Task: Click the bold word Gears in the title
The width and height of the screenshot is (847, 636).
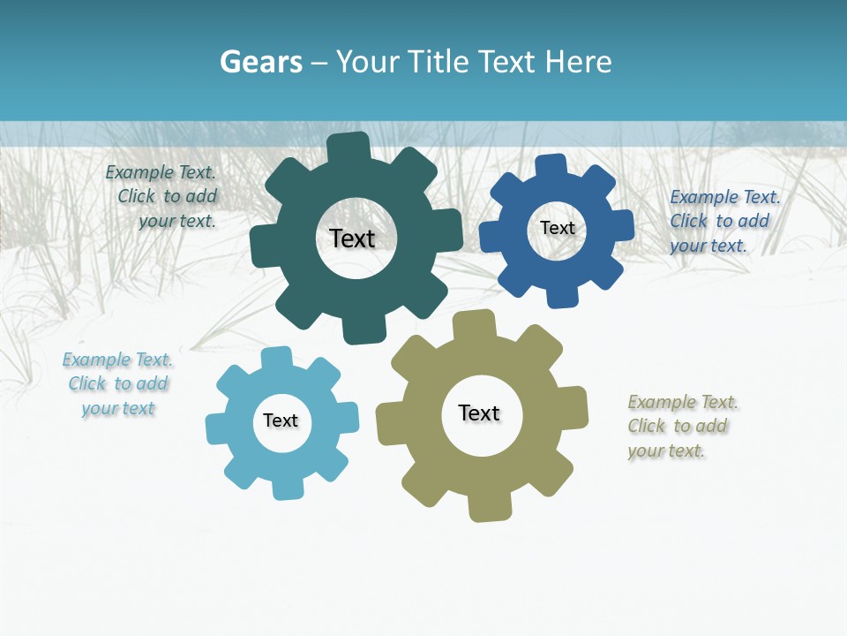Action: (260, 62)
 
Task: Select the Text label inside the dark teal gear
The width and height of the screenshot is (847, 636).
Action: (352, 238)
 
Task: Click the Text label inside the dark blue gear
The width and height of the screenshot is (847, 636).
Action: (557, 228)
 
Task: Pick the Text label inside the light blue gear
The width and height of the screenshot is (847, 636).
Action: (281, 421)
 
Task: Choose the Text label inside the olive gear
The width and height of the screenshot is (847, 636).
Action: (479, 413)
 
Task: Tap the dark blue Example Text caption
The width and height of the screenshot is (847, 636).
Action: (723, 222)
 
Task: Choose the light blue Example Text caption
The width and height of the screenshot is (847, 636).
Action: (117, 384)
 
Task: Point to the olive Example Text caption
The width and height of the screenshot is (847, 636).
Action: (681, 427)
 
